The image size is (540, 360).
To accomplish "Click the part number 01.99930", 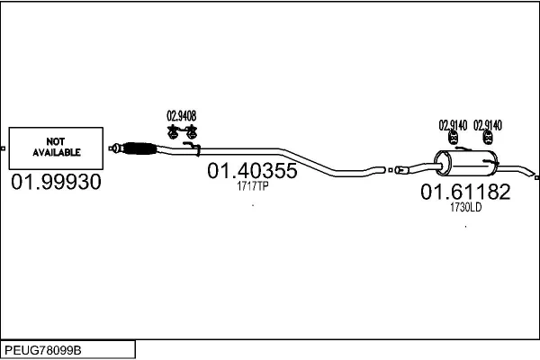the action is click(56, 182).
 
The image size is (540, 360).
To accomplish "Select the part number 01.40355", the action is click(252, 170).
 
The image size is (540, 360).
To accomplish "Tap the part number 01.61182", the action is click(465, 192).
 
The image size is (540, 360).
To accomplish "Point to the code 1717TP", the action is click(252, 186).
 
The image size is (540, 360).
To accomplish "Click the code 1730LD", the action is click(465, 207).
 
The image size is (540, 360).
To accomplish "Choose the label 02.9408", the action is click(182, 116).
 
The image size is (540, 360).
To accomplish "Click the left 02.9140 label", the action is click(453, 125).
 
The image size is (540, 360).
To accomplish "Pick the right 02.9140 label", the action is click(488, 125).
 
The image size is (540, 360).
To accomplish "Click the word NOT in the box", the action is click(56, 141).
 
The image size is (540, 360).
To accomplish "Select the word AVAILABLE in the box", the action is click(57, 152).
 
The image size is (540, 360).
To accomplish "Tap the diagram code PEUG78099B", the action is click(43, 350).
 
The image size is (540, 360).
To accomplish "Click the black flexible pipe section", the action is click(139, 148).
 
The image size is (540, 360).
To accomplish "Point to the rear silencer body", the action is click(465, 164).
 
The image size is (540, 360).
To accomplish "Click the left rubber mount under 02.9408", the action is click(172, 132).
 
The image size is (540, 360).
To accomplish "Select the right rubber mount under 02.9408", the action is click(191, 132).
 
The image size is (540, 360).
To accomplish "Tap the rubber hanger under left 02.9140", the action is click(454, 138).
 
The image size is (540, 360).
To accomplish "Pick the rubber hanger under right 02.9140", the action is click(489, 138).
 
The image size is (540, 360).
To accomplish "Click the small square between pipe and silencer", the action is click(391, 170).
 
